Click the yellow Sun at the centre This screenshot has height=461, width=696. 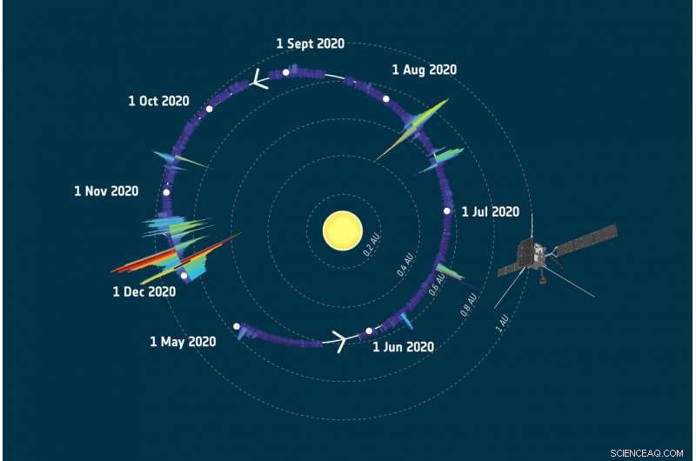(342, 230)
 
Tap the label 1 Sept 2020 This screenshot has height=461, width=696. (310, 43)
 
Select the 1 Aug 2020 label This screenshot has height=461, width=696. (424, 70)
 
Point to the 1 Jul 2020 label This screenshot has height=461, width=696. (490, 211)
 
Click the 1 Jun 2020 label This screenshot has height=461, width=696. (403, 346)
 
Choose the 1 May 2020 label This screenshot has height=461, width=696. (183, 342)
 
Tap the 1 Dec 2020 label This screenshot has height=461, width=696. (144, 292)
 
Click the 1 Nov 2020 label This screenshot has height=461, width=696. (106, 190)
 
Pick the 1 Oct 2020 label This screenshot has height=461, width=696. (158, 101)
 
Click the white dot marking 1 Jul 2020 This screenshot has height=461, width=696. (447, 210)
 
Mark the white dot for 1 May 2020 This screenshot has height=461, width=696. (237, 327)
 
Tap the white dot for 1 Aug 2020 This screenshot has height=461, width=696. (385, 98)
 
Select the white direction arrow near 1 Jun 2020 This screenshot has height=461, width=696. (337, 341)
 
